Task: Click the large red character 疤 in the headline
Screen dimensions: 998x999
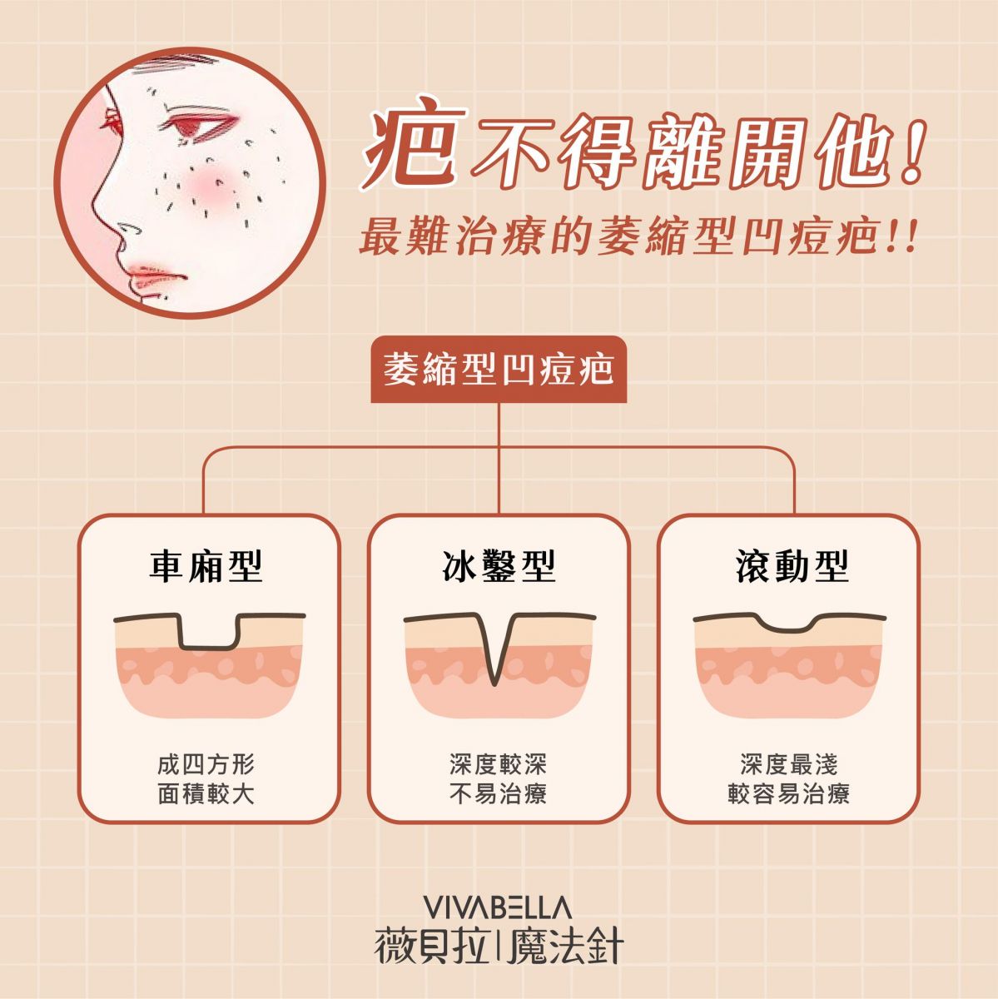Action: [414, 142]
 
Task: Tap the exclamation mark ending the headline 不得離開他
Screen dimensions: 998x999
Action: [912, 152]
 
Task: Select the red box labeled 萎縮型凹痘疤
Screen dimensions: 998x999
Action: [499, 369]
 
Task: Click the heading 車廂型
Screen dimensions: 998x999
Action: [206, 566]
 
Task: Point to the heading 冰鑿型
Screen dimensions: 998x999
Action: [499, 566]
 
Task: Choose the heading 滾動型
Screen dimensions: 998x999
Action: [792, 566]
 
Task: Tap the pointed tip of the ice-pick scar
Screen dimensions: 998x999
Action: [495, 683]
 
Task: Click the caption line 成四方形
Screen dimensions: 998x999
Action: [206, 765]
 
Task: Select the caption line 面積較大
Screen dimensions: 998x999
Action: [206, 793]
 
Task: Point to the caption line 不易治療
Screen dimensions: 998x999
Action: [499, 793]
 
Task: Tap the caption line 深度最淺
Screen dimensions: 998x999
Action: [789, 765]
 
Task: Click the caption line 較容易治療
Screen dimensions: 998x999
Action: [789, 793]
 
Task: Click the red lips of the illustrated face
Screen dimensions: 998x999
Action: [155, 276]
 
